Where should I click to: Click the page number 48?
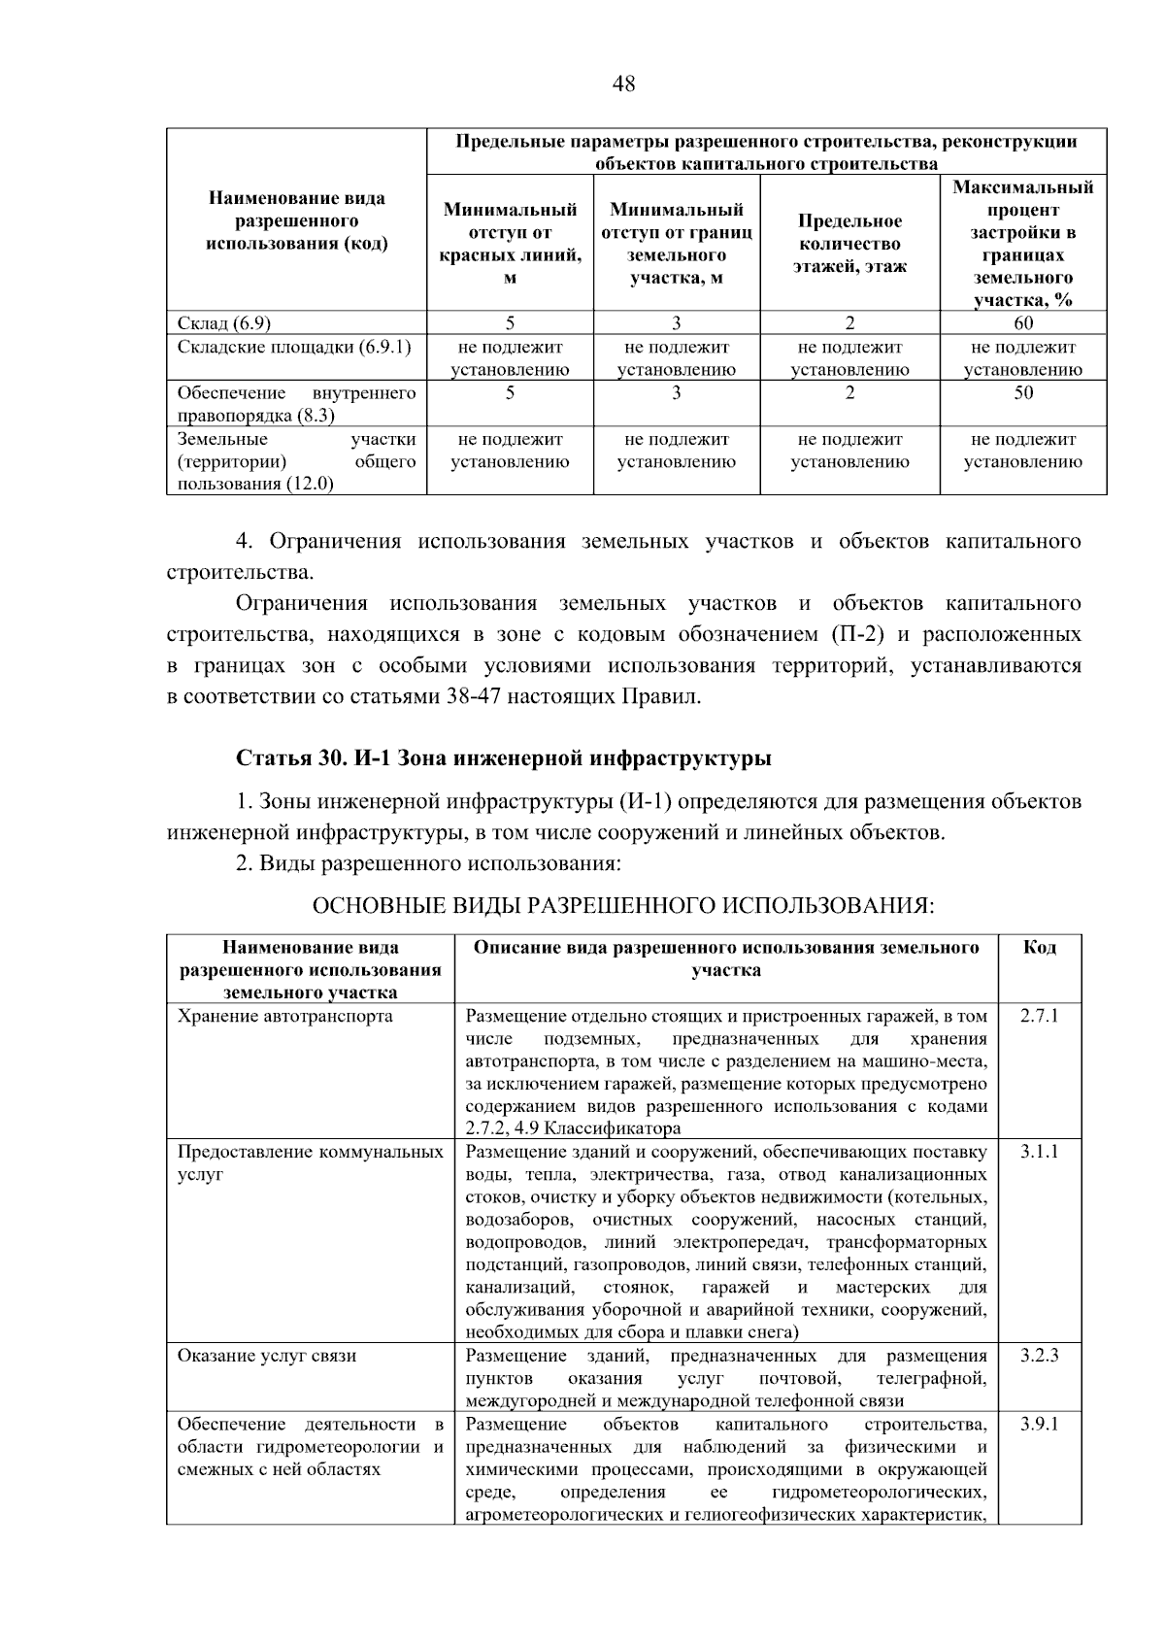coord(623,84)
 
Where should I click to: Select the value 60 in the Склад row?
coord(1022,323)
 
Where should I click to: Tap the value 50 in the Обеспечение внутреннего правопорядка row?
coord(1022,393)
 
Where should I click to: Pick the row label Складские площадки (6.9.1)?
coord(294,347)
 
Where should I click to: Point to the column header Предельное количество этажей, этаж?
coord(849,244)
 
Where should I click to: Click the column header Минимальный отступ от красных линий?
coord(510,244)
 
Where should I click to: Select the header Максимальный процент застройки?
coord(1022,243)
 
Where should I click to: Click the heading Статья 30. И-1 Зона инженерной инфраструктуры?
coord(504,757)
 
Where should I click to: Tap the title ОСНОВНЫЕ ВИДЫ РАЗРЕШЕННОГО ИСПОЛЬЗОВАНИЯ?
coord(622,906)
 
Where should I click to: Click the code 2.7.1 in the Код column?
coord(1039,1016)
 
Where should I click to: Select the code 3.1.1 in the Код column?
coord(1039,1152)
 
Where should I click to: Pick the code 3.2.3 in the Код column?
coord(1039,1356)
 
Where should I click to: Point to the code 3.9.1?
coord(1039,1425)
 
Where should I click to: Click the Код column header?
coord(1039,947)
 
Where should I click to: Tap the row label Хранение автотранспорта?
coord(284,1016)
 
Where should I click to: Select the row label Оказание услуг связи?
coord(266,1356)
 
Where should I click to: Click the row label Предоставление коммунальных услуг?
coord(310,1162)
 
